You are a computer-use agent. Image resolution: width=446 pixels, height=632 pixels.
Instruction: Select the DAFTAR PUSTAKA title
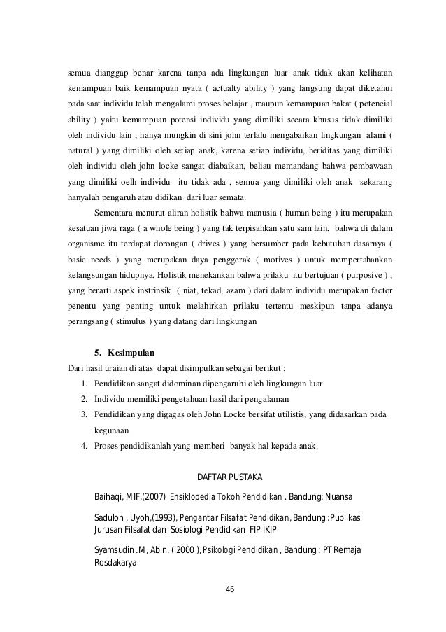(231, 477)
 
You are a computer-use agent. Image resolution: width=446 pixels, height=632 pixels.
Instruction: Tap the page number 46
(231, 588)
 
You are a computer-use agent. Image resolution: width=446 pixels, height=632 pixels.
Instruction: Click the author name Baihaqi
(109, 498)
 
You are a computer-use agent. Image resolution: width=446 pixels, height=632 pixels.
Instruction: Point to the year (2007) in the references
(152, 498)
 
